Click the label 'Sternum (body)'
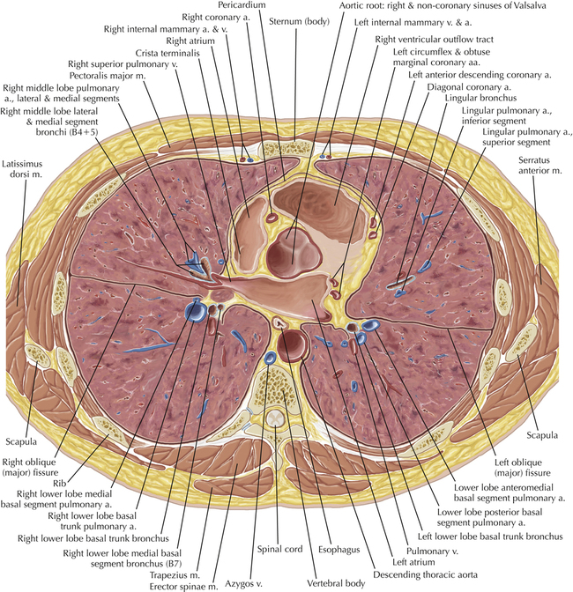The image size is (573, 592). (x=299, y=22)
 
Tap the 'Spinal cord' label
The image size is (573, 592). (x=280, y=549)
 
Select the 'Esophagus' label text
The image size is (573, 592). (x=339, y=550)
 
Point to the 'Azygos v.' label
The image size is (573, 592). (x=243, y=584)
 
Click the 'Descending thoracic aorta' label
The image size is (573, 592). (x=425, y=574)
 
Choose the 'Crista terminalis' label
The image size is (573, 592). (x=167, y=53)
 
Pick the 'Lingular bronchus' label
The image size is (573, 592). (x=480, y=98)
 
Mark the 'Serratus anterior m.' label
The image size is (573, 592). (x=540, y=165)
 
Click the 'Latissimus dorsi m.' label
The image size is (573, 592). (x=22, y=169)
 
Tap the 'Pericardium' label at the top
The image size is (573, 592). (x=242, y=5)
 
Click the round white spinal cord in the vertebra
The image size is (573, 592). (x=275, y=418)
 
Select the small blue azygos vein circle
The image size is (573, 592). (x=271, y=357)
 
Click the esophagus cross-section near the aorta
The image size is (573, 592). (x=280, y=322)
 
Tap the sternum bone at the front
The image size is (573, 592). (x=286, y=148)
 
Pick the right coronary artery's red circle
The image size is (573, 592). (x=272, y=218)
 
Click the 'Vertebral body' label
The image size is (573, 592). (x=336, y=583)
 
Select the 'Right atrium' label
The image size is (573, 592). (x=190, y=41)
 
